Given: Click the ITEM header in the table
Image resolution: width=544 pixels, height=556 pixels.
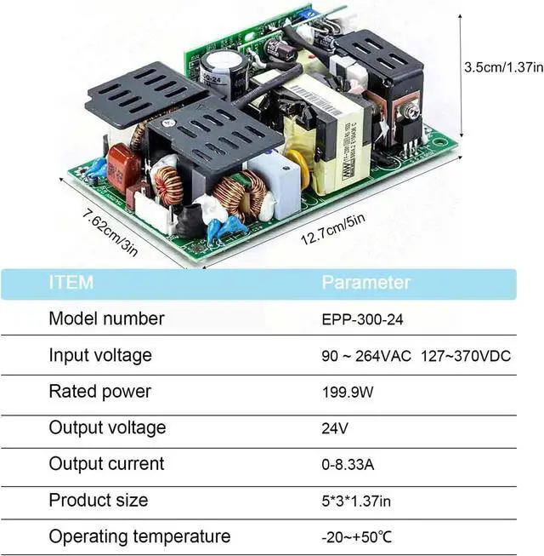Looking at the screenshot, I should tap(71, 283).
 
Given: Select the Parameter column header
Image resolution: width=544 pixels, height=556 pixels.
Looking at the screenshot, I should tap(365, 283).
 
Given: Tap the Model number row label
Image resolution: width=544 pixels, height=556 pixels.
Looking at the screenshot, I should tap(106, 318).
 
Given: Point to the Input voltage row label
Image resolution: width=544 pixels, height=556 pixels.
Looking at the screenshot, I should tap(100, 355).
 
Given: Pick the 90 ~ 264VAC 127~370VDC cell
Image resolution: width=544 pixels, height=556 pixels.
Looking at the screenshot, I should tap(416, 356).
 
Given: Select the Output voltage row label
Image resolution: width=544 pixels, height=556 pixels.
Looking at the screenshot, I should tap(107, 427).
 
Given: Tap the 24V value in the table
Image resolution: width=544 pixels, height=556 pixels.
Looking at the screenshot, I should tap(332, 428).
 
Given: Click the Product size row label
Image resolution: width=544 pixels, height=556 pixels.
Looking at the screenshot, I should tap(98, 500).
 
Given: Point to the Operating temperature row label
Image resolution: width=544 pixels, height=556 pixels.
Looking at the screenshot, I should tap(139, 536).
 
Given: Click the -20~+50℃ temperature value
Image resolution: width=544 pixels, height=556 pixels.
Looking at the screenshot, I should tap(357, 537).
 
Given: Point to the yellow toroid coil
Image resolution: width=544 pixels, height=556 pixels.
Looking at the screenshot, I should tap(297, 167).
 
